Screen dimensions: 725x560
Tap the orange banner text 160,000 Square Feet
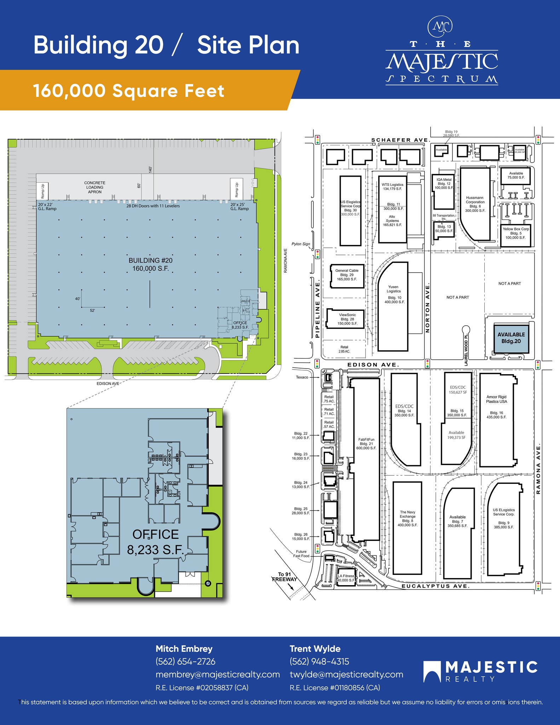[129, 91]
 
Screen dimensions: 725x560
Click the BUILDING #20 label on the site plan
[150, 264]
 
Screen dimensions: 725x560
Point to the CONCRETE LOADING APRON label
[95, 187]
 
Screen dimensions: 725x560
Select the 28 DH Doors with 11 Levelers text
[153, 206]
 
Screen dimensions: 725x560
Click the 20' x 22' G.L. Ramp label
[47, 206]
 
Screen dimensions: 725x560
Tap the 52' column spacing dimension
[92, 310]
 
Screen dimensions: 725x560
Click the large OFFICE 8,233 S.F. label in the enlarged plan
[155, 542]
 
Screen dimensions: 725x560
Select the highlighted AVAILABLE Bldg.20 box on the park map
[511, 338]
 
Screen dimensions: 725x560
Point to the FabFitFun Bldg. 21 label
[366, 444]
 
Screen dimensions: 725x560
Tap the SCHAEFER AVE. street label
[400, 140]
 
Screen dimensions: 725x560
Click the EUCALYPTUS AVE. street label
[435, 586]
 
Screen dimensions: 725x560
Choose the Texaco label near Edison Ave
[302, 377]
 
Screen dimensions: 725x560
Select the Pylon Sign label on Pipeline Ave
[300, 244]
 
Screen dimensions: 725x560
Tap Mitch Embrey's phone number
[185, 662]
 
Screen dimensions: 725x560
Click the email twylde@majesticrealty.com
[346, 675]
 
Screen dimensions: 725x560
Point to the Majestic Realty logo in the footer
[480, 671]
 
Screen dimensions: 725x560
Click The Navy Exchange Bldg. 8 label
[408, 518]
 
